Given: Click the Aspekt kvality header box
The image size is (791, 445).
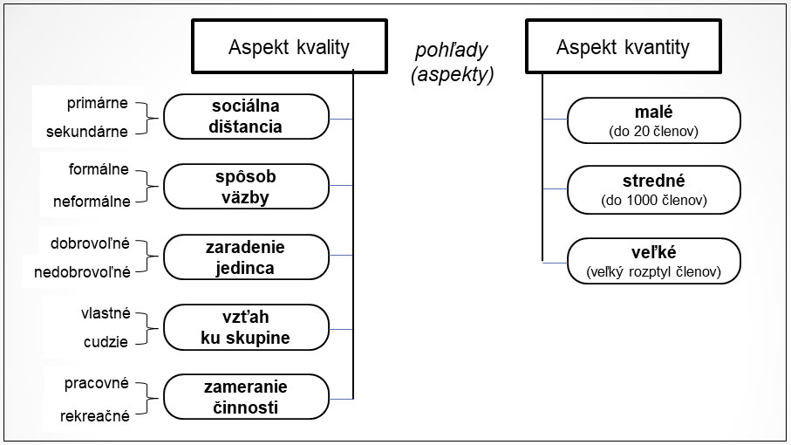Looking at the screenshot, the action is (289, 46).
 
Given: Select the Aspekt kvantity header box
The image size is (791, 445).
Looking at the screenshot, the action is (623, 46).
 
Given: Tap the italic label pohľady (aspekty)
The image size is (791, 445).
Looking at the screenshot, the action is (453, 62).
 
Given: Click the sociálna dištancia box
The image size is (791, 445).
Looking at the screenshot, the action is (246, 117).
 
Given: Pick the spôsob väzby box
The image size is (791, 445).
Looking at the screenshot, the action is (246, 187).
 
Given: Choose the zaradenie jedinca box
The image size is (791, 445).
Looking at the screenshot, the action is (246, 257).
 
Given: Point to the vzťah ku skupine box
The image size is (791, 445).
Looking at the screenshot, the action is (246, 327).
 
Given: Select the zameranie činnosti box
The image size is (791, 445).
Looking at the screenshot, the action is (246, 397).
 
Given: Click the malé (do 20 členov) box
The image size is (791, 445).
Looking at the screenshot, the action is (654, 120).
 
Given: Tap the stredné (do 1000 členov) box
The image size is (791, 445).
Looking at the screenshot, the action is (654, 189).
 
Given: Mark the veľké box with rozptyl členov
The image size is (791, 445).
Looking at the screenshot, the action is (654, 261).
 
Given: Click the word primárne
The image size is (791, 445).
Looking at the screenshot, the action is (98, 104).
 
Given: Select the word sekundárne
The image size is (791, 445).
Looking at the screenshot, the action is (86, 132).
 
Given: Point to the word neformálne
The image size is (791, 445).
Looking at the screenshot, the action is (92, 202).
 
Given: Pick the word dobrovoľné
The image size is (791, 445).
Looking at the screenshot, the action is (90, 243).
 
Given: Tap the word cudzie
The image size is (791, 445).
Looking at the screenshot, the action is (106, 342).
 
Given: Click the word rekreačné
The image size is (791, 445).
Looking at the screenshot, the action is (95, 416).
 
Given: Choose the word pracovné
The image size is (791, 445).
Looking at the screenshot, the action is (96, 383).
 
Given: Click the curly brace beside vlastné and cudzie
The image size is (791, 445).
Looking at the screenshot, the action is (147, 328).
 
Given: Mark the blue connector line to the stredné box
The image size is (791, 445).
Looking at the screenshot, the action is (555, 189).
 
